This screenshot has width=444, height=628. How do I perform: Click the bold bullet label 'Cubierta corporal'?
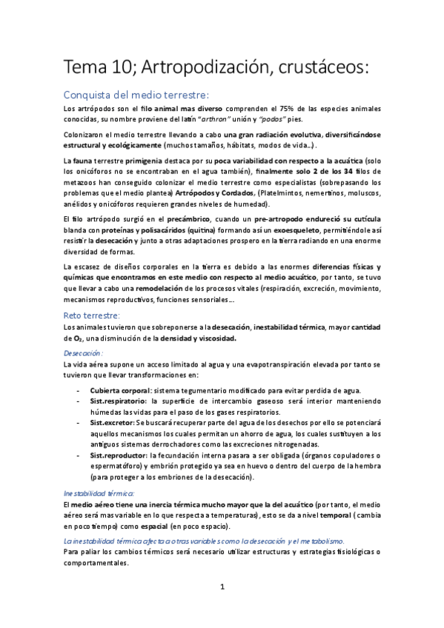[x=118, y=389]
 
